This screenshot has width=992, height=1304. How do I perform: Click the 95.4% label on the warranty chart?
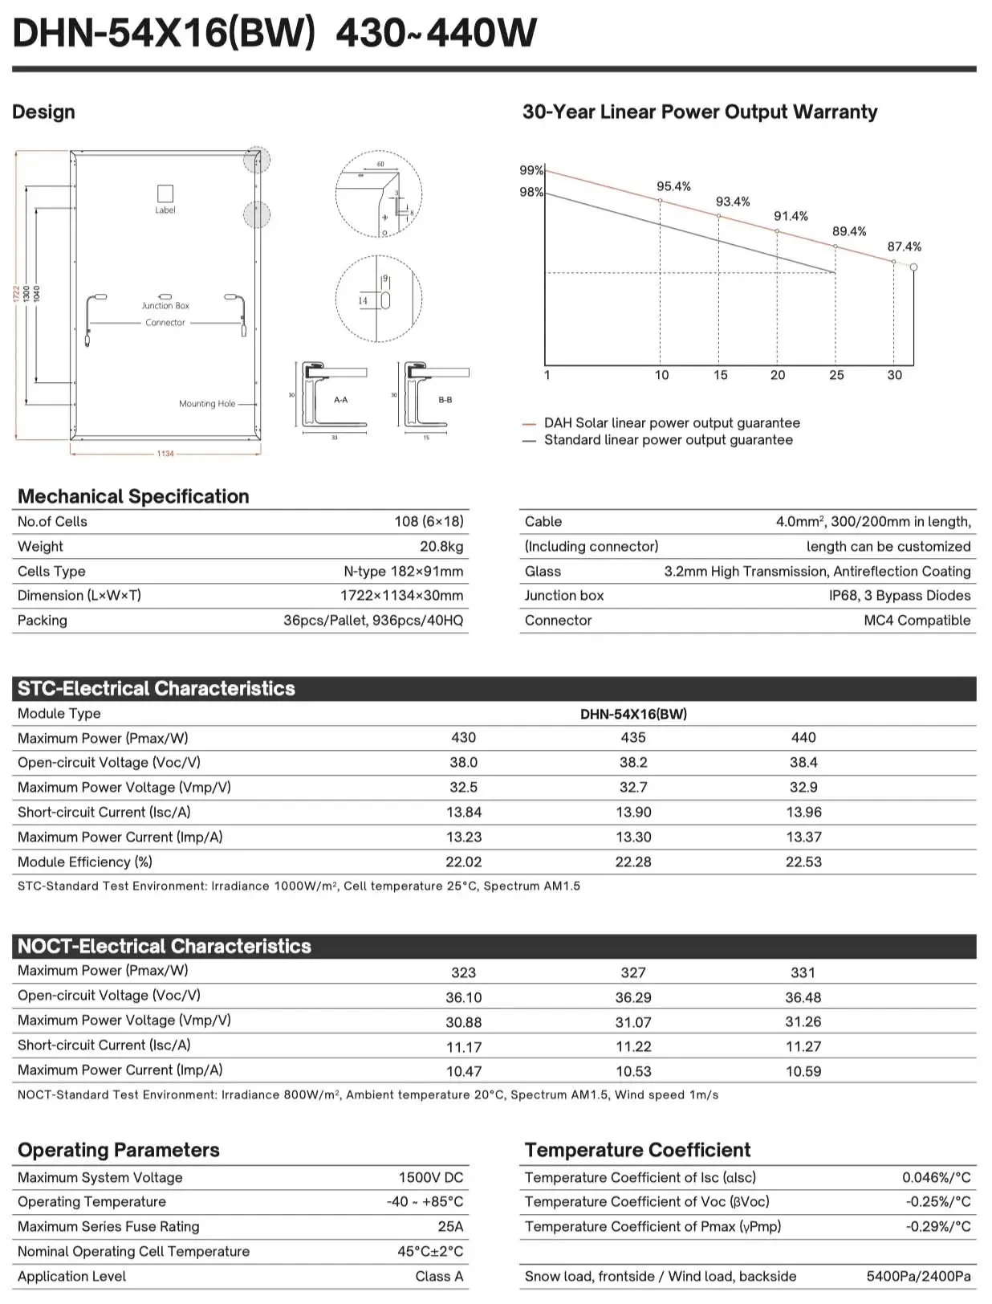673,186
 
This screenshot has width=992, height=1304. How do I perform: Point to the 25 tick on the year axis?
836,375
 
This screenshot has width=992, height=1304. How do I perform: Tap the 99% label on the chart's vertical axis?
531,170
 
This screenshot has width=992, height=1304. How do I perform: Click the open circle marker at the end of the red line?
913,267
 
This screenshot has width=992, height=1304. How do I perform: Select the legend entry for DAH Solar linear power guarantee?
671,423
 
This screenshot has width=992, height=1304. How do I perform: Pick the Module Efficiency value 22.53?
803,862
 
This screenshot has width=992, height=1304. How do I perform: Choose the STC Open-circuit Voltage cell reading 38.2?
633,762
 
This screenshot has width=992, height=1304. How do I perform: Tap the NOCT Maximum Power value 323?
463,972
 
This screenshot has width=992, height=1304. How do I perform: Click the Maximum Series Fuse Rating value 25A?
450,1226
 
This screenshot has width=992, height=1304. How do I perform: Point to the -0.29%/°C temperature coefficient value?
938,1226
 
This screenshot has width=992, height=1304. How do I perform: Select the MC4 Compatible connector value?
917,620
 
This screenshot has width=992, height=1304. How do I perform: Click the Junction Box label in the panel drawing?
165,306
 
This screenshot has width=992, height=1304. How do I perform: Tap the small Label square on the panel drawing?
165,194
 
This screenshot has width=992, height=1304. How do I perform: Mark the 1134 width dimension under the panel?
165,454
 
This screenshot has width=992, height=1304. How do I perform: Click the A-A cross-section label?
341,400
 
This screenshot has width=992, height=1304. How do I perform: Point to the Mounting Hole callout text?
207,404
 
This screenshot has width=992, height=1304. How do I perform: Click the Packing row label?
43,620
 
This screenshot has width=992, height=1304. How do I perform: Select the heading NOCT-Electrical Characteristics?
165,946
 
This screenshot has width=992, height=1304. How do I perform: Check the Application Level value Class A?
439,1276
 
